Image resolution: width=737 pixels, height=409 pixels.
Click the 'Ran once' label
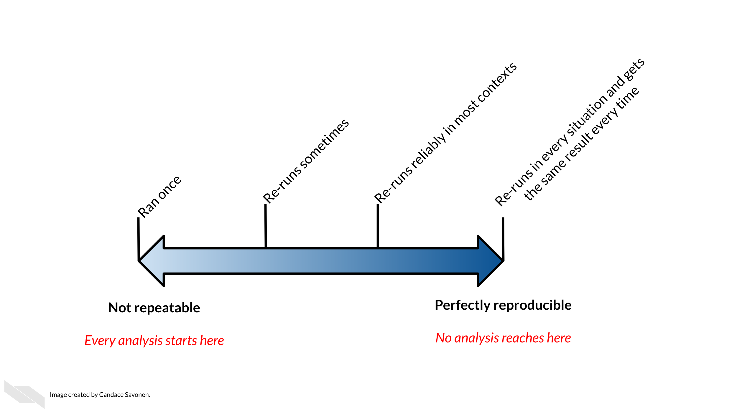pos(159,197)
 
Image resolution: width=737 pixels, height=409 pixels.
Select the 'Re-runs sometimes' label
pos(306,161)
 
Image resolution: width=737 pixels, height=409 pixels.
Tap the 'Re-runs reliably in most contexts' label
pos(445,133)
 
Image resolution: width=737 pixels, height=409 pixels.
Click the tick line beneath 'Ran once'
pos(138,239)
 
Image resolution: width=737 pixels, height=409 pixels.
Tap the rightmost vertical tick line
pos(503,239)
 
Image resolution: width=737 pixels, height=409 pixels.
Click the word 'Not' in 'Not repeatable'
pos(120,308)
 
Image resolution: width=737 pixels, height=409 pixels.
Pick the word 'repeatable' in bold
pos(167,308)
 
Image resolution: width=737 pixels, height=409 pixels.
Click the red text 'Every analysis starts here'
pos(154,341)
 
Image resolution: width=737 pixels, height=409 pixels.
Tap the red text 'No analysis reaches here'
pos(503,338)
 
